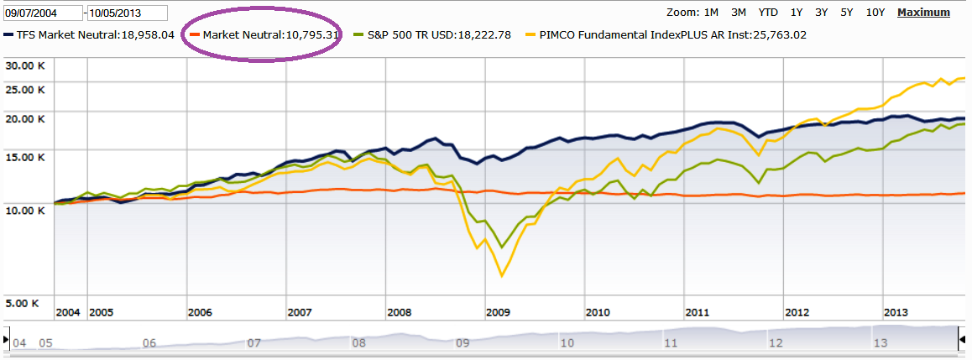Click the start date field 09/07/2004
pos(42,13)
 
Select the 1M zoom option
pos(710,13)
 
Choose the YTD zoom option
pos(767,13)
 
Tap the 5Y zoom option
pos(847,13)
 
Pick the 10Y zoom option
pos(875,13)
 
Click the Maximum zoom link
pos(923,13)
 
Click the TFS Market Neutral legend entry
pos(94,35)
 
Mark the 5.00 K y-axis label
pos(24,303)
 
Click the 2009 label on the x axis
pos(499,312)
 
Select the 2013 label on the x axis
pos(896,312)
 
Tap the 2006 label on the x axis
pos(200,312)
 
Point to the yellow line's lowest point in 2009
pos(502,275)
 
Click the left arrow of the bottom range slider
pos(7,342)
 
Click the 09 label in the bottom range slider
pos(462,343)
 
